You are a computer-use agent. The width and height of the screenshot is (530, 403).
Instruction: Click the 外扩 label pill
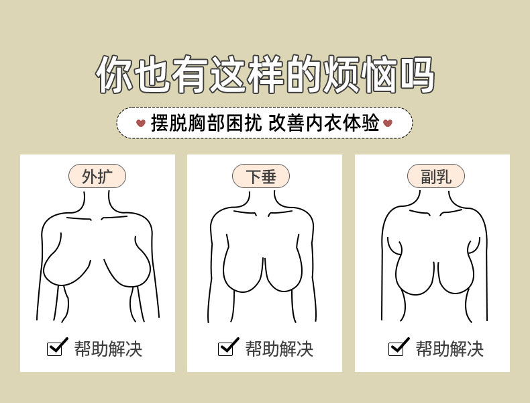pyautogui.click(x=97, y=176)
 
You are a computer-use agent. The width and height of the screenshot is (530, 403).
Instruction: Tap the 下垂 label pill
pyautogui.click(x=261, y=176)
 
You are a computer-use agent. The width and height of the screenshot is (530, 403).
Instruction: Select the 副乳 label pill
pyautogui.click(x=436, y=176)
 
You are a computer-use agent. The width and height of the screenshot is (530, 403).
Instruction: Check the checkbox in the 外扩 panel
pyautogui.click(x=55, y=349)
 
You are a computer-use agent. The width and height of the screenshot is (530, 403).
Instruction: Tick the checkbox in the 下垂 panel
pyautogui.click(x=225, y=349)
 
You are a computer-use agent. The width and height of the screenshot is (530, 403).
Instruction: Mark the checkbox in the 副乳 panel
pyautogui.click(x=396, y=349)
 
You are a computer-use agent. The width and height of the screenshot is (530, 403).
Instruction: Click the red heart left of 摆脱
pyautogui.click(x=141, y=123)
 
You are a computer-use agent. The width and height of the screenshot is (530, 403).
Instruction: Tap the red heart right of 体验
pyautogui.click(x=388, y=123)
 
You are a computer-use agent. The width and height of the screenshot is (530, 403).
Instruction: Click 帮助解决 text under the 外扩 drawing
pyautogui.click(x=108, y=349)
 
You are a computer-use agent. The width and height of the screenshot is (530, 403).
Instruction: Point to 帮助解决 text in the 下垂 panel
pyautogui.click(x=279, y=349)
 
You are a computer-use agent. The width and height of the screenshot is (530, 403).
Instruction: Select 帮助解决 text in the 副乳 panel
pyautogui.click(x=449, y=349)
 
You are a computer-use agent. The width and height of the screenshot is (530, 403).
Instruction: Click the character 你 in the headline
pyautogui.click(x=114, y=75)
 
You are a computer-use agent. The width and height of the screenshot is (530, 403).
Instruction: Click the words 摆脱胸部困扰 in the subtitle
pyautogui.click(x=206, y=123)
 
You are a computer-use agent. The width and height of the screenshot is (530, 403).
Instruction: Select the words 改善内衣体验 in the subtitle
pyautogui.click(x=324, y=123)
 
